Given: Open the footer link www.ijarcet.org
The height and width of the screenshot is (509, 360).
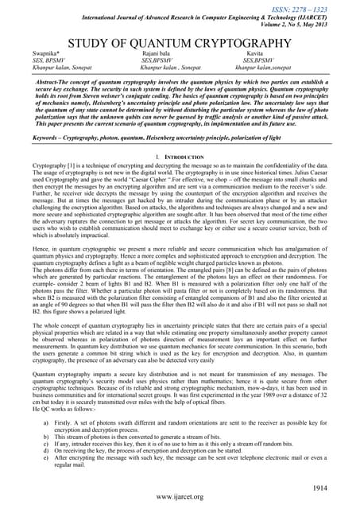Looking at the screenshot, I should click(180, 497).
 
